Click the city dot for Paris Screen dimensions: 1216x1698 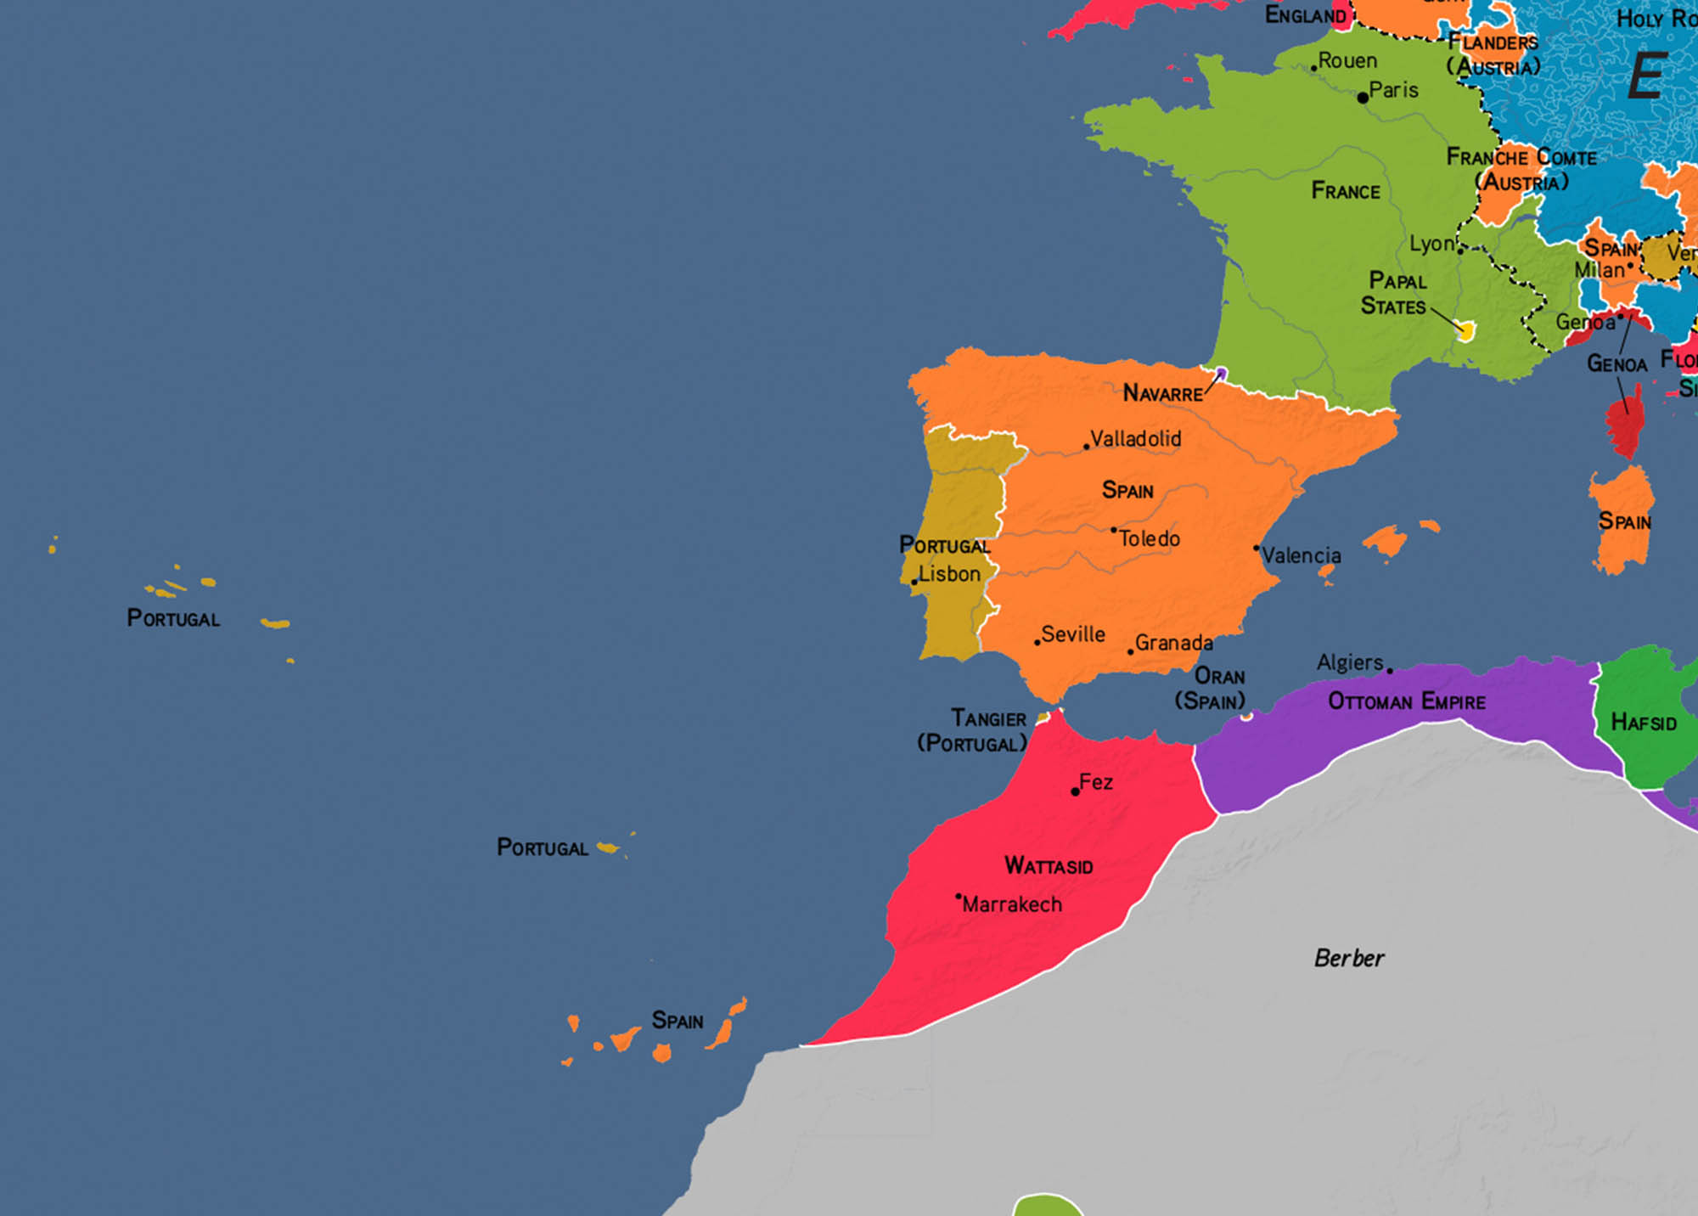click(1363, 98)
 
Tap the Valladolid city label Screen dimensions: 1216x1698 click(1135, 439)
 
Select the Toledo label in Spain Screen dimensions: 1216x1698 click(1149, 538)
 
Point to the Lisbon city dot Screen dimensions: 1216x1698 click(914, 582)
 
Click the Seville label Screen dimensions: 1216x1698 click(1073, 634)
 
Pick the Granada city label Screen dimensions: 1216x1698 click(1173, 643)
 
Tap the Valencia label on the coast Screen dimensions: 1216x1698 click(1301, 555)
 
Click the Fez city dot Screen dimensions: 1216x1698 click(1075, 791)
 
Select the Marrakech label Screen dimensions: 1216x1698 click(1011, 904)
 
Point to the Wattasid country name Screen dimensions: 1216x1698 click(1049, 865)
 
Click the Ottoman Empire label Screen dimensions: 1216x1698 click(1406, 701)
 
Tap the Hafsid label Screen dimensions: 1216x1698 click(1644, 723)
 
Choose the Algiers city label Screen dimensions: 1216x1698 click(1350, 662)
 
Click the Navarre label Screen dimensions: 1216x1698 click(1162, 393)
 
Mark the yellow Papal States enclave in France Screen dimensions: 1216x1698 click(1465, 330)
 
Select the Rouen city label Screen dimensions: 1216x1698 click(1347, 61)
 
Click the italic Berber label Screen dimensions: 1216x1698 click(1348, 958)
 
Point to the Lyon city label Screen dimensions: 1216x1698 click(1431, 244)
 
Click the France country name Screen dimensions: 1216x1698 click(1346, 191)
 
